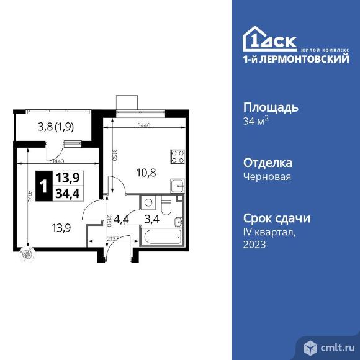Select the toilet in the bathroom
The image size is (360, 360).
[x=166, y=204]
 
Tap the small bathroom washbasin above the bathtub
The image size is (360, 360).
[x=178, y=222]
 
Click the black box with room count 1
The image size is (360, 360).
[x=43, y=186]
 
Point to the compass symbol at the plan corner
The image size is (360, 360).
[x=27, y=253]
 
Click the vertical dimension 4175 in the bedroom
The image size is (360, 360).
[x=30, y=198]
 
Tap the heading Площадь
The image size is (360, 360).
[x=270, y=107]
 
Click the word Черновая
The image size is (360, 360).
[x=268, y=176]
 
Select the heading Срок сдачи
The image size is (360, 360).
[x=277, y=218]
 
